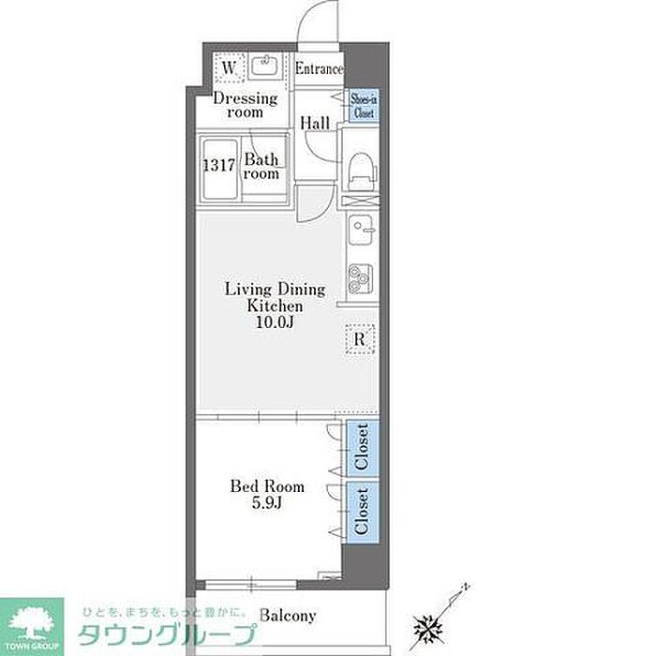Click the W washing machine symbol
coord(229,67)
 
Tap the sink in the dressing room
coord(264,66)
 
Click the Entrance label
coord(320,68)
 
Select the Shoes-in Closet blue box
coord(364,105)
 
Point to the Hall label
coord(315,123)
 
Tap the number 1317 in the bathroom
coord(219,165)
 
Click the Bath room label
coord(261,166)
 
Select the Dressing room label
coord(246,105)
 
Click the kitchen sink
coord(361,230)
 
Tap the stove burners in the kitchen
coord(361,277)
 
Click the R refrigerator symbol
coord(360,339)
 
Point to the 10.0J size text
coord(275,323)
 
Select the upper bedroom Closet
coord(363,448)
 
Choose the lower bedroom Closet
coord(363,512)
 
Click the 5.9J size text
coord(267,502)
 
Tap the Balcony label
coord(288,616)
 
